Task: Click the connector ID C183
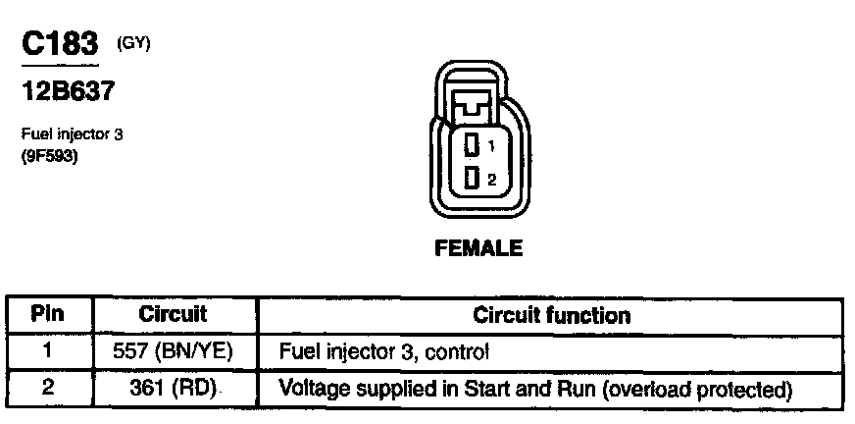click(60, 44)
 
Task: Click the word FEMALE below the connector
click(478, 248)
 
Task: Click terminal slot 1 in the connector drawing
click(472, 145)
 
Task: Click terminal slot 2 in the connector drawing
click(472, 178)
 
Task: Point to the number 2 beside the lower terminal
click(492, 179)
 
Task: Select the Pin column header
click(47, 315)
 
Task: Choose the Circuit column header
click(173, 315)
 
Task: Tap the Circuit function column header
click(552, 316)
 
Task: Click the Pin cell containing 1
click(47, 349)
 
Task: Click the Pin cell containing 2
click(47, 387)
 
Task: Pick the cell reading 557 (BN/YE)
click(173, 350)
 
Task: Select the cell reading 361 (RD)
click(173, 388)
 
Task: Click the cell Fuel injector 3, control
click(384, 350)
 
